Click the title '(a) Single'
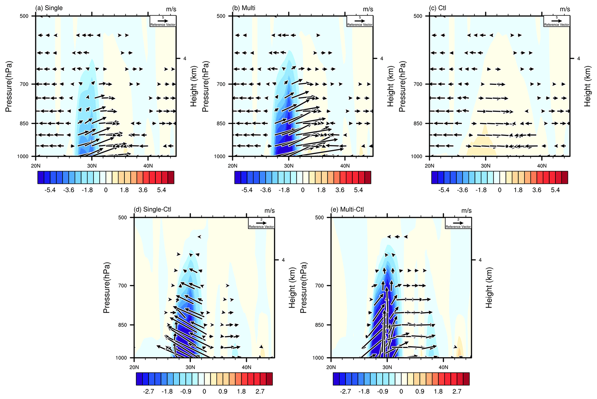49,8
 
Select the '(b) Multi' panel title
244,8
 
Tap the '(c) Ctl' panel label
438,8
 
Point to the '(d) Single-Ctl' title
152,209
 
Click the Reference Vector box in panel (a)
163,21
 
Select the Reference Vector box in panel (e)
458,223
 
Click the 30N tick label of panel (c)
486,166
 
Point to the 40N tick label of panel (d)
246,367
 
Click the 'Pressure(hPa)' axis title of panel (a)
9,87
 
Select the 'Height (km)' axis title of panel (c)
587,87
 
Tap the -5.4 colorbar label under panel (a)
50,190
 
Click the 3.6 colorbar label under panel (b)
340,190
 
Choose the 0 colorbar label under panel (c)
500,190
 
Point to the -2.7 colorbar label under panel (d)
148,391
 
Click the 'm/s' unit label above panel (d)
269,211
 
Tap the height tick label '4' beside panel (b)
382,59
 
